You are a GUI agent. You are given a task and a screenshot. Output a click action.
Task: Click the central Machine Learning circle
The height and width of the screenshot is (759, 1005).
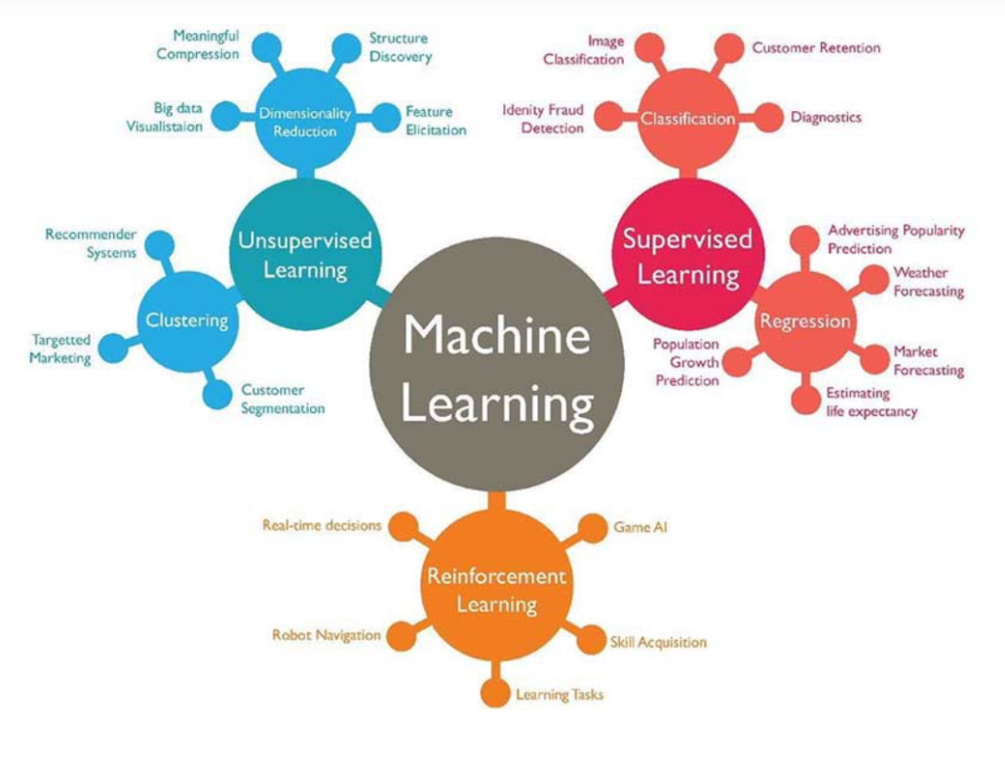pos(497,368)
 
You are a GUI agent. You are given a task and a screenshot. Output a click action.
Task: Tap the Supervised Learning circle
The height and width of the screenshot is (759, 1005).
pos(687,255)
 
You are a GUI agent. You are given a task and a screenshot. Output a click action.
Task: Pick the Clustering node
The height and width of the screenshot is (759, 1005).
pos(187,320)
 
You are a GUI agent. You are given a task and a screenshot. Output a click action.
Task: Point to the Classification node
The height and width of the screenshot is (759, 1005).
pos(687,119)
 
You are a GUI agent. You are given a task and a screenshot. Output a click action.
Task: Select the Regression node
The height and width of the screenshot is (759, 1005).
pos(805,322)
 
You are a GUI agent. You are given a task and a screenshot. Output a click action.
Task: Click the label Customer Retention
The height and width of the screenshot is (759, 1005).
pos(815,48)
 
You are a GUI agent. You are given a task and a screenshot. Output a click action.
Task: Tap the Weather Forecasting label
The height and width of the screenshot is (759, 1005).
pos(928,282)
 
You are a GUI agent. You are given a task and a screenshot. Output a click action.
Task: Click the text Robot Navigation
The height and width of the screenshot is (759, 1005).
pos(326,635)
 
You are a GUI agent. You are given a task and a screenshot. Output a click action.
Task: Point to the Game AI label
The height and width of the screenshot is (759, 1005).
pos(639,527)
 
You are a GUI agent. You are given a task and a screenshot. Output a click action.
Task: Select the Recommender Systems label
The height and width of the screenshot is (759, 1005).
pos(91,244)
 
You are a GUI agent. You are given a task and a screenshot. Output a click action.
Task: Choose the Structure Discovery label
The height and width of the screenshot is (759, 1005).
pos(399,48)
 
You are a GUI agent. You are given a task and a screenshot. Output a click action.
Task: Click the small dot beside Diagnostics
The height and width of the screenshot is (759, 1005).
pos(769,117)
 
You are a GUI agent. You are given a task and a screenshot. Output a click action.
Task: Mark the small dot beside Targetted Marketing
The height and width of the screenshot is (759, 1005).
pos(114,348)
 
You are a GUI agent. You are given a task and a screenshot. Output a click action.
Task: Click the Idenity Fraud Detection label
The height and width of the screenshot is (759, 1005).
pos(543,119)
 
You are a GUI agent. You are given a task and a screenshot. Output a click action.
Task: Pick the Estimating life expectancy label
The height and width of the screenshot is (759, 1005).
pos(870,402)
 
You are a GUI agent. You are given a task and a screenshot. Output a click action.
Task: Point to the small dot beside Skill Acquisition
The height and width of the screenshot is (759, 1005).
pos(591,640)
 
